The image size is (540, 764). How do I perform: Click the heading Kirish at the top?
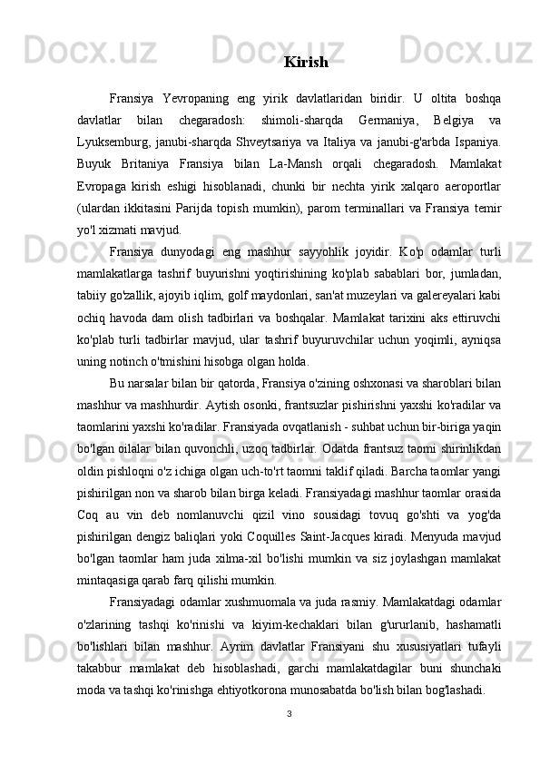tap(306, 63)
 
